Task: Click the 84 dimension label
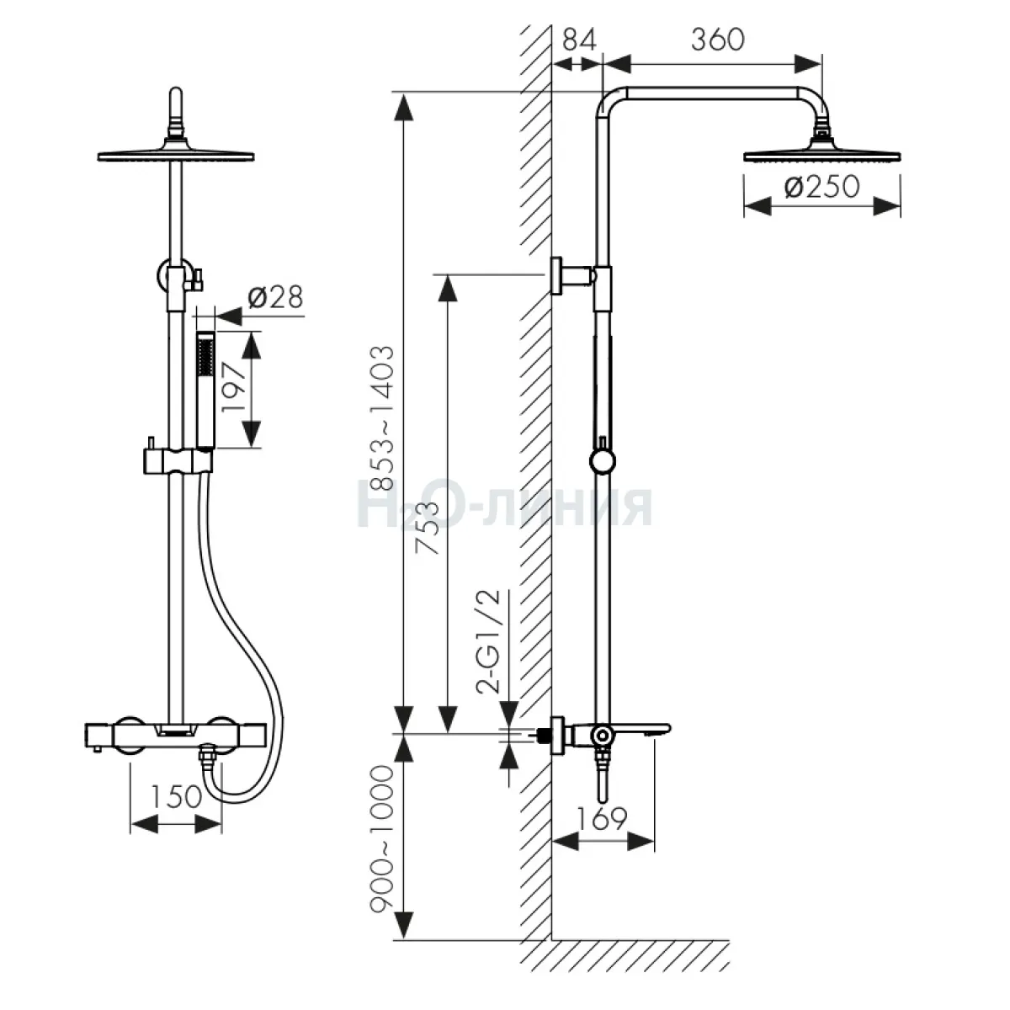pos(579,40)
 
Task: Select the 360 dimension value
pos(717,40)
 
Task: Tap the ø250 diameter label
pos(821,186)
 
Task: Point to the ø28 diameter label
pos(275,297)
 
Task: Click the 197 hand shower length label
pos(234,387)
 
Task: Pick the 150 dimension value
pos(176,797)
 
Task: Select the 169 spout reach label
pos(602,818)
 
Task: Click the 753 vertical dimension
pos(427,527)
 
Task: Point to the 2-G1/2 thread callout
pos(488,642)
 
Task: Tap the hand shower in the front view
pos(205,390)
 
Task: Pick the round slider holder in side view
pos(603,461)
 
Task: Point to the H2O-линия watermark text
pos(504,507)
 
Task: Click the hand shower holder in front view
pos(178,460)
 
